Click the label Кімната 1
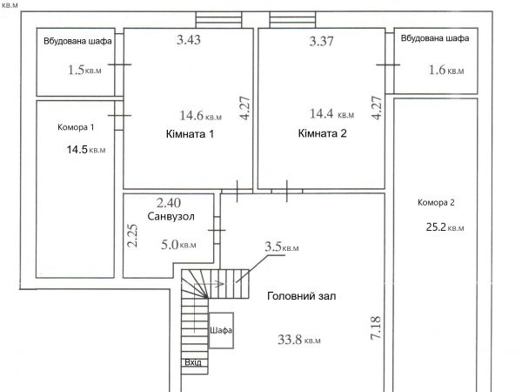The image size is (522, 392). point(190,134)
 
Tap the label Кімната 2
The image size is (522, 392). point(322,133)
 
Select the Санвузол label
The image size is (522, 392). point(171,216)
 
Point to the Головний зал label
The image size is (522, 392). point(302,296)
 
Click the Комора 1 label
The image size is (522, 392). point(76,127)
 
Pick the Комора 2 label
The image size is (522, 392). point(436,202)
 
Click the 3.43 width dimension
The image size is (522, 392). point(189,40)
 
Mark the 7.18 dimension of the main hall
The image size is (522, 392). point(376,328)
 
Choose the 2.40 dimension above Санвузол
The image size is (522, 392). point(169,203)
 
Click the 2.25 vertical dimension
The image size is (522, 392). point(132,235)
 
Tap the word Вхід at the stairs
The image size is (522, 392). point(193,362)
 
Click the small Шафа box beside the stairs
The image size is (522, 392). point(221,330)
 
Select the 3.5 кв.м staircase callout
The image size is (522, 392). point(282,247)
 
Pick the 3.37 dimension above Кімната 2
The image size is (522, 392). point(321,41)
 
